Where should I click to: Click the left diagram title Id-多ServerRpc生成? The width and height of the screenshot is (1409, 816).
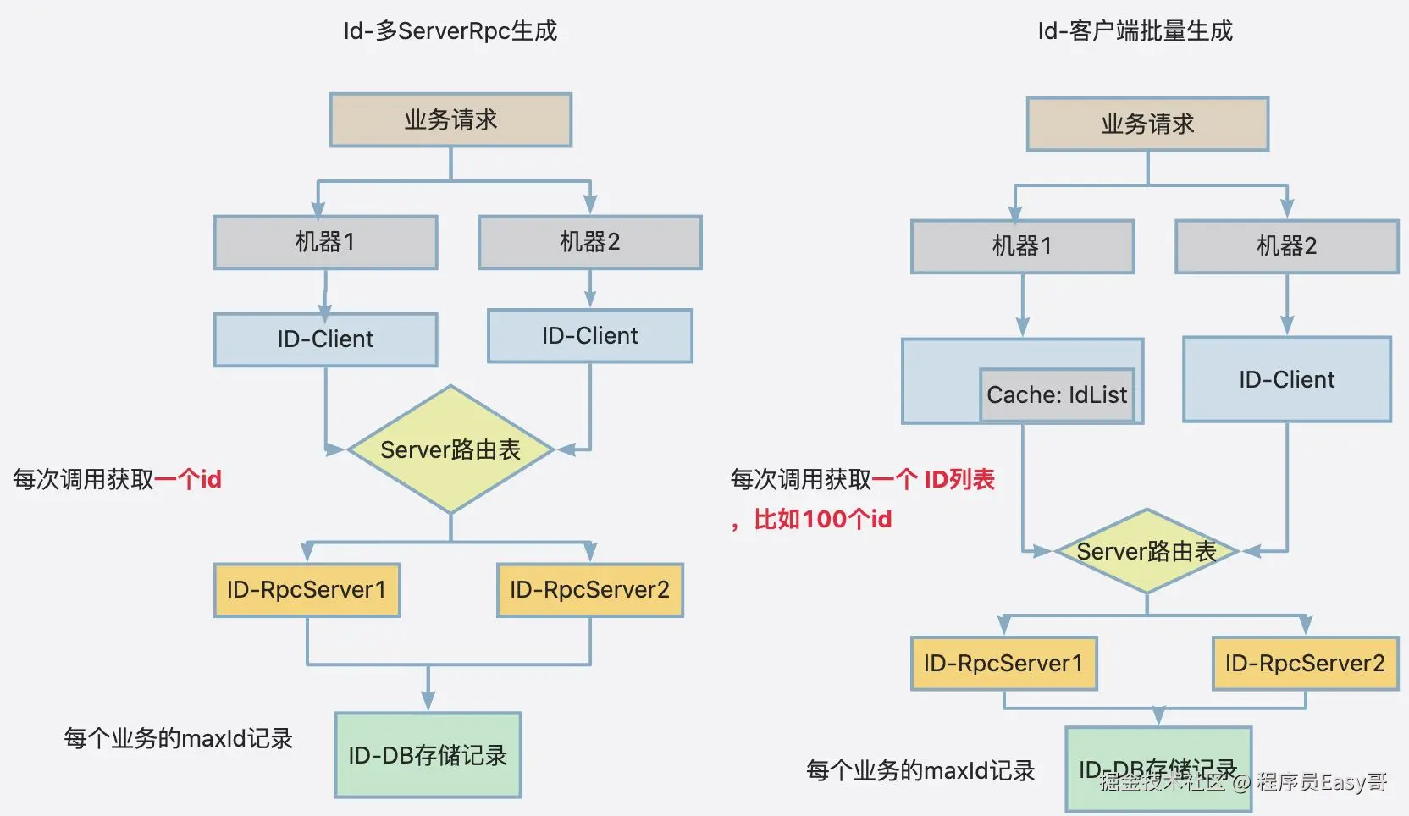coord(450,31)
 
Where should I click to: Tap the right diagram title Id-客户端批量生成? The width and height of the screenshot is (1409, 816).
coord(1135,31)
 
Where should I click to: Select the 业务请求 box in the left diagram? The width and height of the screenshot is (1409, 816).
coord(450,120)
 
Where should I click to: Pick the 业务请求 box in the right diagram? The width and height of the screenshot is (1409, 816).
coord(1147,124)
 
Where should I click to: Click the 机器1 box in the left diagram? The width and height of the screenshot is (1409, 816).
coord(325,242)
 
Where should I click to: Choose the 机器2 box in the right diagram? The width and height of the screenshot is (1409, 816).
coord(1286,246)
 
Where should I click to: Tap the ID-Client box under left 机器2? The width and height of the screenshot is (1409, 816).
coord(589,336)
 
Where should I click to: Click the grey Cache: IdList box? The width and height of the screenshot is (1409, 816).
coord(1057,394)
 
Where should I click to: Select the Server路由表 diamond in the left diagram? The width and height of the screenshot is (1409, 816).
coord(450,449)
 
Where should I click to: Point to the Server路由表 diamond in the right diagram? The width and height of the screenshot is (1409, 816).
coord(1147,551)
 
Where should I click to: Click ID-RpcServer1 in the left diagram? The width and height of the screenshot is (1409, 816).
coord(307,590)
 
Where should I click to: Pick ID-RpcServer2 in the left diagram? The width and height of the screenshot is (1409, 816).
coord(589,590)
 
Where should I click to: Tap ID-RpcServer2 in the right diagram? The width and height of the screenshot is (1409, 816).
coord(1305,664)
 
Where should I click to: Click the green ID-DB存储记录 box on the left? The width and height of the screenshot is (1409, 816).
coord(428,755)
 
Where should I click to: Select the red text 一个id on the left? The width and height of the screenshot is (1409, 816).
coord(188,480)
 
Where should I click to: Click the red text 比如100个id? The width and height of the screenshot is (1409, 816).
coord(822,519)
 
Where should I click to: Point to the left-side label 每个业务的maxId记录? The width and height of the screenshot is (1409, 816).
coord(178,738)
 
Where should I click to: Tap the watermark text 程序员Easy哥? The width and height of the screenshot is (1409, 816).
coord(1321,781)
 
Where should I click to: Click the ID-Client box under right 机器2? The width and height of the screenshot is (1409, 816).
coord(1286,379)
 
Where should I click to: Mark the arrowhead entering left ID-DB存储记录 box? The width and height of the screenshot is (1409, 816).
coord(428,703)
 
